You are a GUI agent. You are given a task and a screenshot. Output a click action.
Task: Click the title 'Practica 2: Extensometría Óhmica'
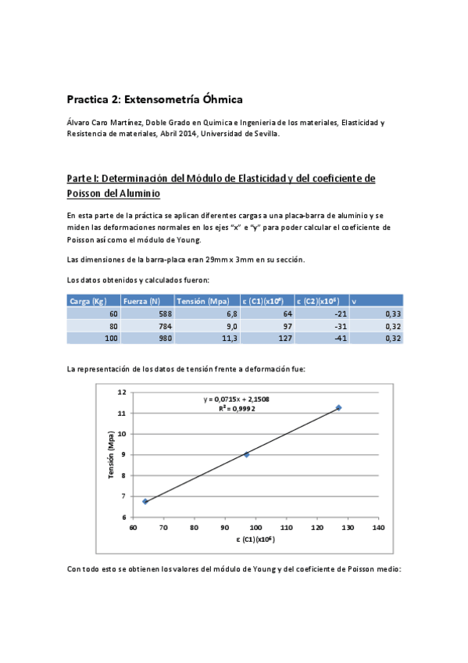coord(155,99)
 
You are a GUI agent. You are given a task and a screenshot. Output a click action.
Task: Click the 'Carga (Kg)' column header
coord(88,301)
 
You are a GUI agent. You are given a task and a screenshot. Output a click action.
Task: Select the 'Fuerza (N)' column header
coord(141,301)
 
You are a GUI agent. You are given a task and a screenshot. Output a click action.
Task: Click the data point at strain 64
coord(145,501)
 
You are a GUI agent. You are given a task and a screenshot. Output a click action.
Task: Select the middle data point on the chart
coord(247,454)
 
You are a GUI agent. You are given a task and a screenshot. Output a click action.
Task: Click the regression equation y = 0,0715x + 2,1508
coord(237,399)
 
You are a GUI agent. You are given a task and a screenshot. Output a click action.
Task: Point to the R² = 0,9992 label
coord(238,408)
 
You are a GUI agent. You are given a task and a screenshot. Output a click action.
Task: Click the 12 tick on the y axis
coord(121,392)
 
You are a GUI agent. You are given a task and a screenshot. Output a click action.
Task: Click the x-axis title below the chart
coord(254,540)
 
